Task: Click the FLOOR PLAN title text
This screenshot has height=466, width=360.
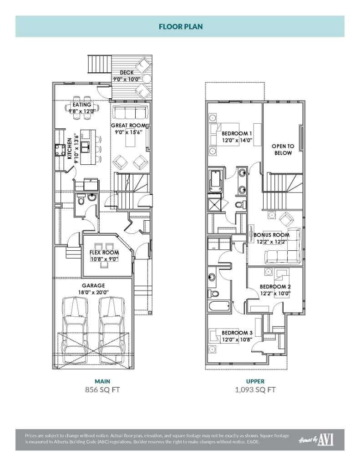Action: click(x=181, y=26)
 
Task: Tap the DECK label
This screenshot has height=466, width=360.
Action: click(x=127, y=72)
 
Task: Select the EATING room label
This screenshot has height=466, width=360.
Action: click(x=82, y=105)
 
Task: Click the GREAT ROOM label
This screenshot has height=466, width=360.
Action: click(x=128, y=126)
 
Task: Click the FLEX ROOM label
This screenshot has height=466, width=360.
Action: click(x=104, y=252)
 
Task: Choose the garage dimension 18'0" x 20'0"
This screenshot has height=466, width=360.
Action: click(x=93, y=292)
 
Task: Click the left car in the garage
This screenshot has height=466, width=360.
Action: click(x=75, y=326)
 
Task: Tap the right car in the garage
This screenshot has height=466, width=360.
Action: click(x=111, y=326)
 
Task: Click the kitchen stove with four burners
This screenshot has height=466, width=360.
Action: click(x=60, y=150)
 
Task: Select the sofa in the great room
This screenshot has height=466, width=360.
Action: click(x=130, y=112)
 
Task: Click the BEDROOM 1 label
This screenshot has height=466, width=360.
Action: click(x=237, y=133)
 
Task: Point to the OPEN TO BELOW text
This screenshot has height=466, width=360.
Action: click(x=283, y=149)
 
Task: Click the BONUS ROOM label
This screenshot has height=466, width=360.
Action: click(x=271, y=235)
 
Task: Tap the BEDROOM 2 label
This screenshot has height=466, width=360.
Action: click(x=275, y=287)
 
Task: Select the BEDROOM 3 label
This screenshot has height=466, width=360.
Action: click(x=237, y=333)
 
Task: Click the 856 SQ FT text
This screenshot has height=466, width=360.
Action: click(x=102, y=390)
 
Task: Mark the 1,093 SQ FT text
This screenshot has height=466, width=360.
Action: click(x=255, y=390)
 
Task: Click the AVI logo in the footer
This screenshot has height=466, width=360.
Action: click(x=325, y=440)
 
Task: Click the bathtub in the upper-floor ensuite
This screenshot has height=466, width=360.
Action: click(x=216, y=181)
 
